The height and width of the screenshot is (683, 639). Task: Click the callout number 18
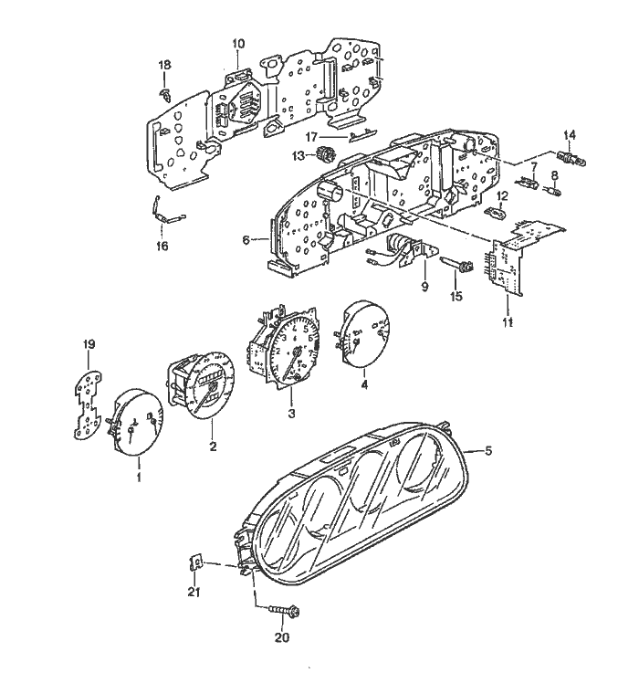click(165, 65)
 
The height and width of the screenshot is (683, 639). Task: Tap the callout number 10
click(238, 43)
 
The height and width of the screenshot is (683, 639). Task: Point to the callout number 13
click(298, 157)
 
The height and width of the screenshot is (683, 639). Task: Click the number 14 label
click(570, 135)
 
